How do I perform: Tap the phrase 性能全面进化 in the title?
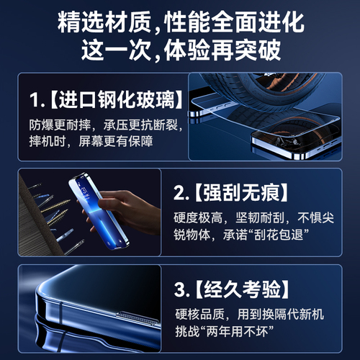[230, 22]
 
